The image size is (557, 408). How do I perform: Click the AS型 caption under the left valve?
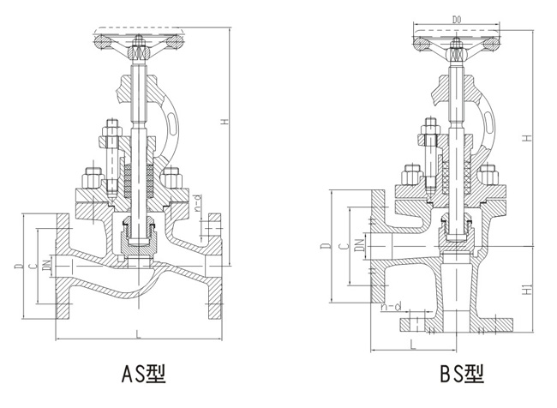142,374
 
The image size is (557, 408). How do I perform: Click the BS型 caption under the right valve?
462,374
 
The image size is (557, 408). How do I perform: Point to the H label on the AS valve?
224,123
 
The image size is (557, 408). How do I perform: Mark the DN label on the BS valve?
357,248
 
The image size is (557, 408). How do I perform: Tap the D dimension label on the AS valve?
18,268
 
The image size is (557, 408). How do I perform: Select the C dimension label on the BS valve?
342,247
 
